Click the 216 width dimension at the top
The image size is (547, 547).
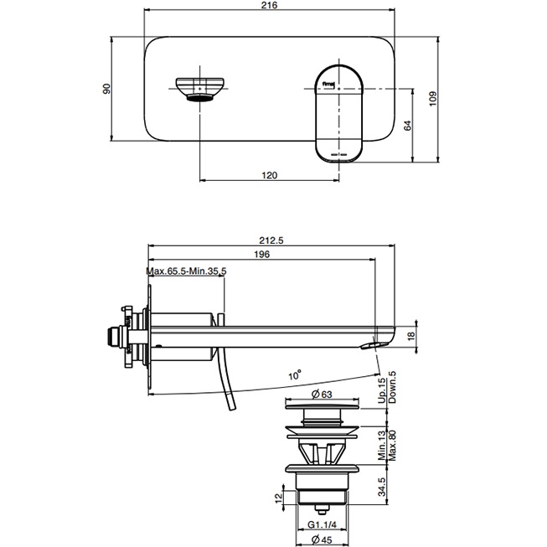pyautogui.click(x=269, y=6)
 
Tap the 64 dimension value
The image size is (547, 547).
pyautogui.click(x=408, y=125)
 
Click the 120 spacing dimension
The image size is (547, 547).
pyautogui.click(x=269, y=175)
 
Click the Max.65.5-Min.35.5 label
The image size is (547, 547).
pyautogui.click(x=187, y=271)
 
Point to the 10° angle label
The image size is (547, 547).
pyautogui.click(x=294, y=376)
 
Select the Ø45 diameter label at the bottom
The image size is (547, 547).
pyautogui.click(x=321, y=539)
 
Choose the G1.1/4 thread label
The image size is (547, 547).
pyautogui.click(x=321, y=524)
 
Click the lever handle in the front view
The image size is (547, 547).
pyautogui.click(x=338, y=111)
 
